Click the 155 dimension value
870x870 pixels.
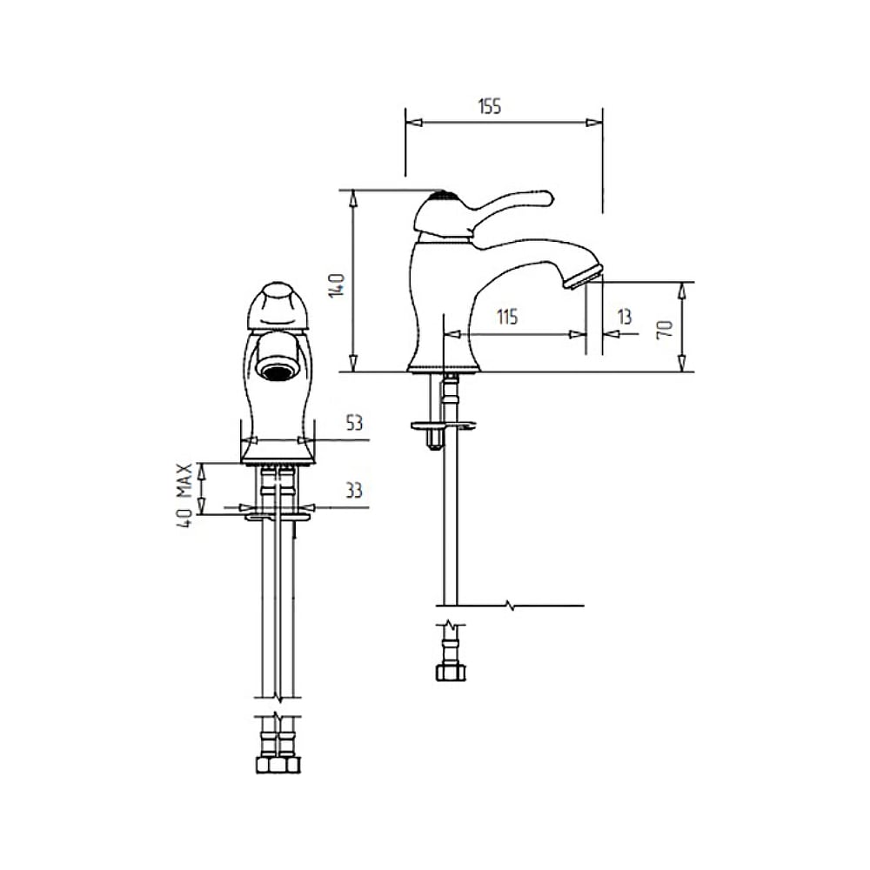click(489, 106)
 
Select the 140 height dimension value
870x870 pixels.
click(337, 285)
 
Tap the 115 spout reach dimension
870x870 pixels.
click(507, 317)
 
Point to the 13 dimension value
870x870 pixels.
click(625, 317)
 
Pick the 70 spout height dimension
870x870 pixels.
click(665, 329)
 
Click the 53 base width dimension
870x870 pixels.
click(354, 423)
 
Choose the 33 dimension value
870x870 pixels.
click(354, 491)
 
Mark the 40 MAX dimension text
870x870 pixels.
click(184, 495)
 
